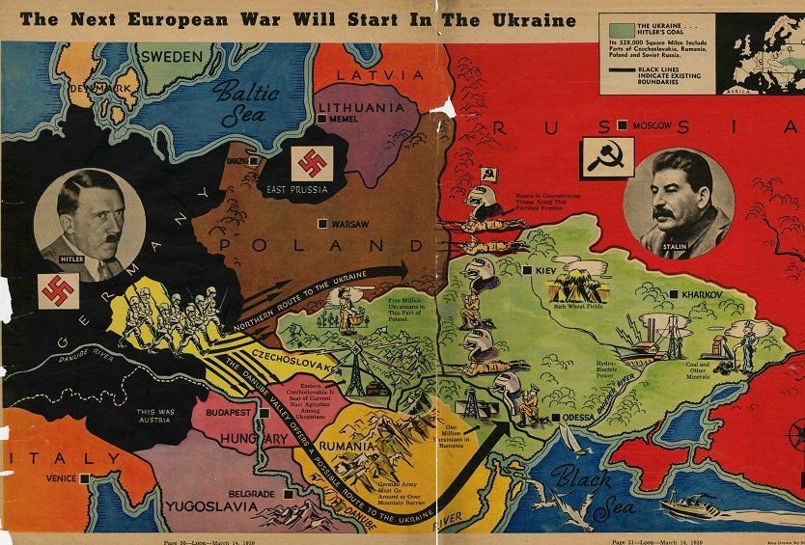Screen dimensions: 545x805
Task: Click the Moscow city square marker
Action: [624, 125]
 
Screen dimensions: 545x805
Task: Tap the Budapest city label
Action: [228, 410]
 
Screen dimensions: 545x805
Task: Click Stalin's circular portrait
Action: [678, 204]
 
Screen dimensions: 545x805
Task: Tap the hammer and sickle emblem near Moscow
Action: [597, 158]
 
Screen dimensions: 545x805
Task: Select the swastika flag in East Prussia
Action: [309, 162]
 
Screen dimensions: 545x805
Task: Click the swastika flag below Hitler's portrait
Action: [55, 287]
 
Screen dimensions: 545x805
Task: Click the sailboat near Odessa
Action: [570, 440]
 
